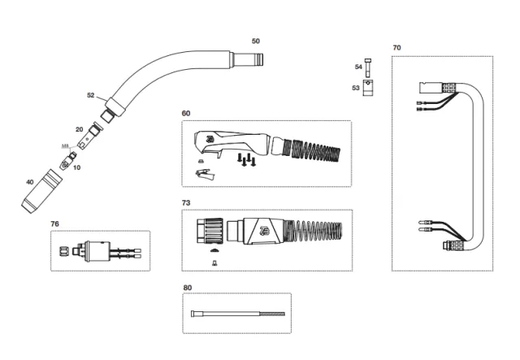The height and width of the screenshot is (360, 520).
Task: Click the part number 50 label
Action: (x=256, y=41)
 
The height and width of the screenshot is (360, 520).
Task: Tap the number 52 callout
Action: (x=91, y=95)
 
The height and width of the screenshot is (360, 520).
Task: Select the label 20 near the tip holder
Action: (x=79, y=129)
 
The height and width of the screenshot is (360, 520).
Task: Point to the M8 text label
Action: (x=66, y=145)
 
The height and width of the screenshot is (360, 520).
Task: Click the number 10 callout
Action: (x=77, y=167)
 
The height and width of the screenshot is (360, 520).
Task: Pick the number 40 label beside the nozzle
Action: (x=30, y=181)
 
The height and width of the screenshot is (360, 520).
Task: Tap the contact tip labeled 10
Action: (x=72, y=155)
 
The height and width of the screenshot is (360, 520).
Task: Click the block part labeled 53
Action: (x=370, y=87)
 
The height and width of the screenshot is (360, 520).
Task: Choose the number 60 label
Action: (x=186, y=113)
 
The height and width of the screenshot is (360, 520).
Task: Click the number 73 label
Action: (x=186, y=202)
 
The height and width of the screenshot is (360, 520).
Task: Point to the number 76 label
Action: (x=54, y=223)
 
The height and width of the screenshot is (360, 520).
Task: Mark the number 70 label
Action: (x=396, y=48)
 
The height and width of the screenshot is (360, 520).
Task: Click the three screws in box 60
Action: (x=246, y=161)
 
